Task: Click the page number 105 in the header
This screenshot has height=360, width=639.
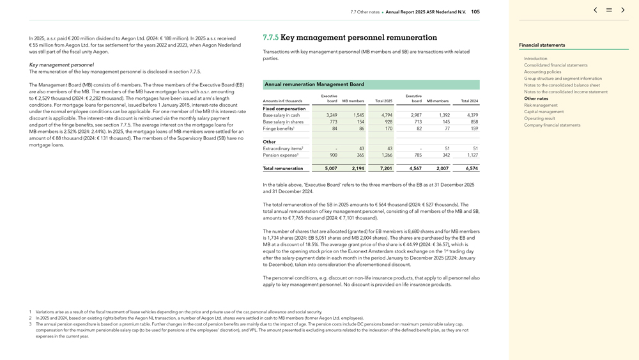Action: coord(475,12)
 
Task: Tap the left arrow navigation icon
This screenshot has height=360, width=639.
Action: coord(596,10)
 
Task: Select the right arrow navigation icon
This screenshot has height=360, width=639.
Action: coord(623,10)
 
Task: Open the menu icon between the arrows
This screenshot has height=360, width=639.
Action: coord(609,10)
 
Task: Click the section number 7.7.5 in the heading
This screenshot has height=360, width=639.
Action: coord(270,38)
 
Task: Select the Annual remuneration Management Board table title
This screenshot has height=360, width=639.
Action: coord(314,84)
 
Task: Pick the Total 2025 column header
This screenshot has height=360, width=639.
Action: coord(383,101)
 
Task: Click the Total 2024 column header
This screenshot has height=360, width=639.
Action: coord(469,101)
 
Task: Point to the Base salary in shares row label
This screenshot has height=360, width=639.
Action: coord(283,122)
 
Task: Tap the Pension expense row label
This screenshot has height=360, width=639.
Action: coord(281,155)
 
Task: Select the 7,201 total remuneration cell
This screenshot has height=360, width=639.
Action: coord(386,169)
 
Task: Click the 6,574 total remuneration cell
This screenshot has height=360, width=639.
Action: coord(472,169)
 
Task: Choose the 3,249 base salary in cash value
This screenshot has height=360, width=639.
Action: coord(331,115)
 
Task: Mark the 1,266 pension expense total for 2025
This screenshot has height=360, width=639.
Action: coord(387,155)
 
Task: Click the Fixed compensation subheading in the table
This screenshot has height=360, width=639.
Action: coord(284,109)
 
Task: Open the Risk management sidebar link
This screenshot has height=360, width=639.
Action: coord(541,105)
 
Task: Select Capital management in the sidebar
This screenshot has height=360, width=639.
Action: coord(544,112)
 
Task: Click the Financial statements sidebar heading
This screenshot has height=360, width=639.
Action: coord(542,45)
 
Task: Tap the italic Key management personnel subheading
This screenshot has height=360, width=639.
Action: coord(61,65)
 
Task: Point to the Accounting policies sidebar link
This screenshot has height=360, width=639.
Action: coord(543,72)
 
